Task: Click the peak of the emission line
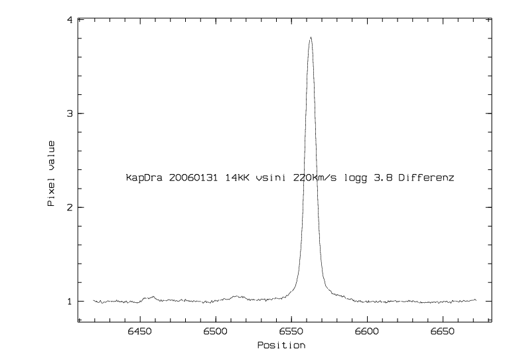click(310, 38)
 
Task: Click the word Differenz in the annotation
click(426, 178)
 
